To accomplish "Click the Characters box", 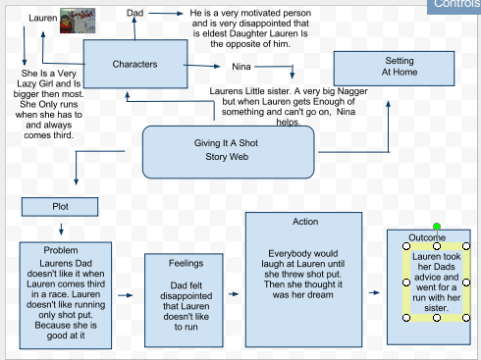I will pos(135,65).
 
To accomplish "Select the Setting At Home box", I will pos(399,67).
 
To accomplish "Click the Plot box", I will pos(61,206).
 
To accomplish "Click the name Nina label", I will pos(240,67).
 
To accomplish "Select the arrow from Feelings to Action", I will pos(232,292).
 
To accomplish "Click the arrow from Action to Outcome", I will pos(375,292).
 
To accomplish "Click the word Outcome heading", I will pos(427,238).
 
